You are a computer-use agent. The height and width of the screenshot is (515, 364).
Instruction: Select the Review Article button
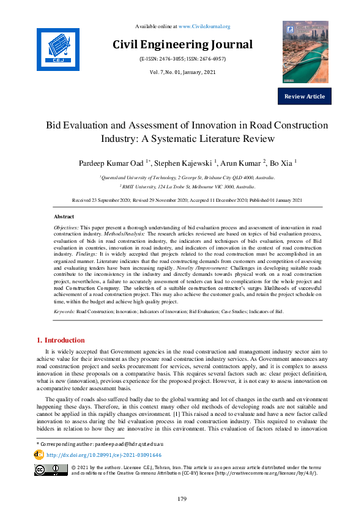click(305, 97)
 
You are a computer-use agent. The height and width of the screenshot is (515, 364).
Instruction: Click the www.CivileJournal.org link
click(207, 26)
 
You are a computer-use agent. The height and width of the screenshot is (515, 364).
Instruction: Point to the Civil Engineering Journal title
click(182, 45)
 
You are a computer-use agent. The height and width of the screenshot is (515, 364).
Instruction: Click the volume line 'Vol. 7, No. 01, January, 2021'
click(182, 73)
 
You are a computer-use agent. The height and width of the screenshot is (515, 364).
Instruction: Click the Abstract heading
click(64, 217)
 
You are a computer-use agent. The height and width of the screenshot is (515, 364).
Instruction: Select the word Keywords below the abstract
click(64, 311)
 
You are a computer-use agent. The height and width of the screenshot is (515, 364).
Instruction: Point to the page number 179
click(182, 499)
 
